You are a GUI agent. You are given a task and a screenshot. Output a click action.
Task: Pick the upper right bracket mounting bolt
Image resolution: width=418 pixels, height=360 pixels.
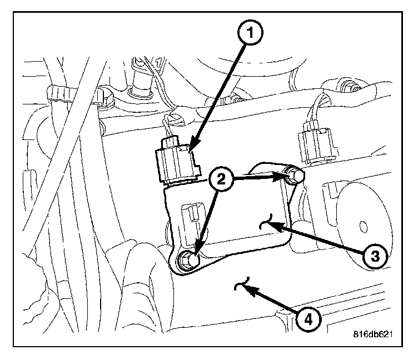pyautogui.click(x=295, y=177)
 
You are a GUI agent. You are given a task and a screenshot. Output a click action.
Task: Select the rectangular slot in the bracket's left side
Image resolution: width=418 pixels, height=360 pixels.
pyautogui.click(x=189, y=213)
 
